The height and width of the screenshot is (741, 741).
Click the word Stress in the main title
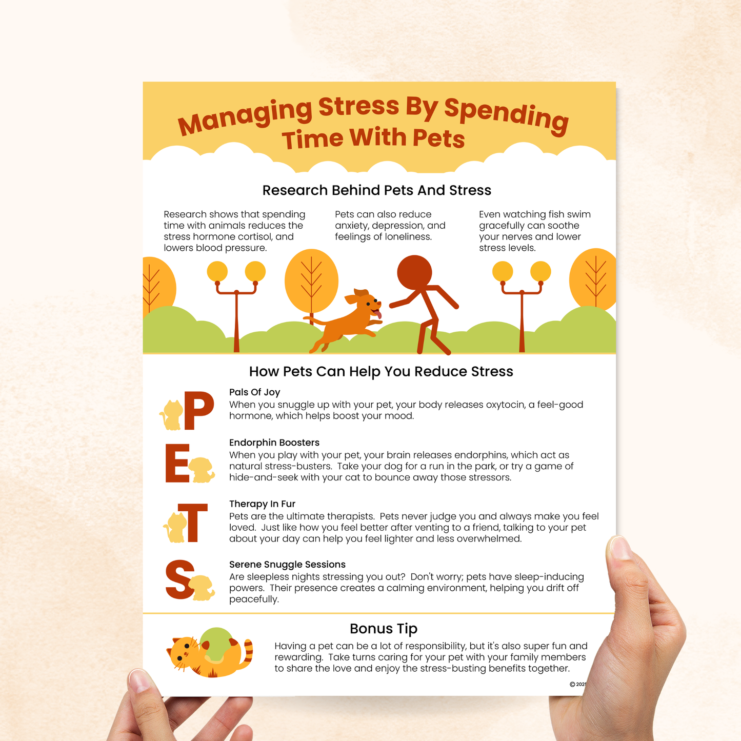coord(358,107)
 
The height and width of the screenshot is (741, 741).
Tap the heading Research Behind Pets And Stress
coord(376,190)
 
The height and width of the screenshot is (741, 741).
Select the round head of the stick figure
coord(414,272)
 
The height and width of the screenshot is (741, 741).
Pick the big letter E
coord(177,464)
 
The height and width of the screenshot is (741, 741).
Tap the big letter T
coord(192,523)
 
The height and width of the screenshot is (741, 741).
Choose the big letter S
coord(179,580)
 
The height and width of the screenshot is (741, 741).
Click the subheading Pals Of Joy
coord(254,392)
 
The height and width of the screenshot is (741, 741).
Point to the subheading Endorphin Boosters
coord(274,443)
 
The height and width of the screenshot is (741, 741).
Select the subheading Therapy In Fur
coord(262,504)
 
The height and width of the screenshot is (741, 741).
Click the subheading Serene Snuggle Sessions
coord(287,565)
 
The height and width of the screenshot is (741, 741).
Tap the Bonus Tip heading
coord(383,629)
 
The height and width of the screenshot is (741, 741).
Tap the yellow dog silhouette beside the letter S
coord(202,587)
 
